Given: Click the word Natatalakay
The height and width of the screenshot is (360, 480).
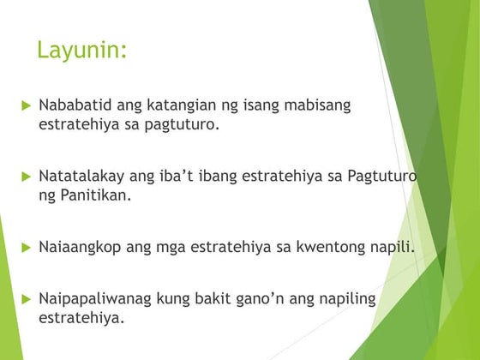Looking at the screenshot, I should (81, 177).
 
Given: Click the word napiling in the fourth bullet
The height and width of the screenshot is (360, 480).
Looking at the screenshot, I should (345, 299).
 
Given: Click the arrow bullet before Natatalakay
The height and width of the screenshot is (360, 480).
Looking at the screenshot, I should (26, 177).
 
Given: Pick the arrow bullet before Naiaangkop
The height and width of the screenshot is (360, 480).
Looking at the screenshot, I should (26, 248).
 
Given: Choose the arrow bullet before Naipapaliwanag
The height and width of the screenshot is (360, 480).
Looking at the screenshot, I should (26, 299).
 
